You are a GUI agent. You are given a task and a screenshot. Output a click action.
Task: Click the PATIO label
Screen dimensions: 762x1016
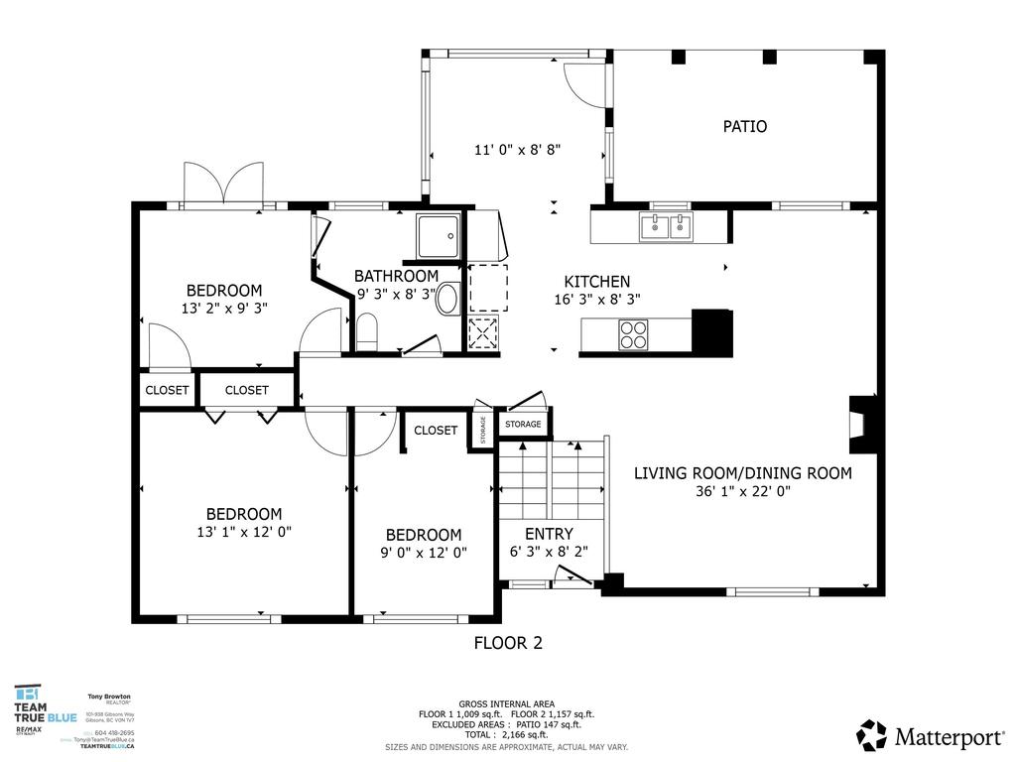(x=744, y=127)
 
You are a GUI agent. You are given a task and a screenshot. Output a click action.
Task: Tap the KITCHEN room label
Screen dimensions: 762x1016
(x=596, y=282)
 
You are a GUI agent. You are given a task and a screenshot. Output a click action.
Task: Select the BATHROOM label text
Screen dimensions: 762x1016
(x=396, y=276)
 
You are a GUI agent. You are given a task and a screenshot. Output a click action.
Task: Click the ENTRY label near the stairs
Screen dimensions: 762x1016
(x=549, y=534)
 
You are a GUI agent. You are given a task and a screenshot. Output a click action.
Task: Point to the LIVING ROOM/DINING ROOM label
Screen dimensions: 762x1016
(x=742, y=473)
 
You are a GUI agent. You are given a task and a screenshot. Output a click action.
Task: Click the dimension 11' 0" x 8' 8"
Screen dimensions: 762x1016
(x=517, y=151)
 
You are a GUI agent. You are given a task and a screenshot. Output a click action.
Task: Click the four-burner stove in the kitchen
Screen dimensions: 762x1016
(x=632, y=336)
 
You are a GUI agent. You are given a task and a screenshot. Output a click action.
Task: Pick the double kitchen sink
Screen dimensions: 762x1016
(x=666, y=227)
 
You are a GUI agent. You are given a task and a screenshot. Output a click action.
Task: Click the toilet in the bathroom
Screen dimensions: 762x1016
(x=366, y=331)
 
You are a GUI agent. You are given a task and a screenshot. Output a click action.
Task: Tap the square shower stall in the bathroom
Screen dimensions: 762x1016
(x=438, y=235)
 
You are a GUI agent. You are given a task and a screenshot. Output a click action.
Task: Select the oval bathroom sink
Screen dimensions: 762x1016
(x=448, y=298)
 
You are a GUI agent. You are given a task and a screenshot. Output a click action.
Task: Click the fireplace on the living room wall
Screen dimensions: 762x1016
(x=859, y=425)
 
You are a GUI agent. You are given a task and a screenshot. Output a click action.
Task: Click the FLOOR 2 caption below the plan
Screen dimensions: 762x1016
(x=508, y=643)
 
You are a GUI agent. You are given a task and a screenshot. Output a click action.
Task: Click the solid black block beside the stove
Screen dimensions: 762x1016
(x=711, y=333)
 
